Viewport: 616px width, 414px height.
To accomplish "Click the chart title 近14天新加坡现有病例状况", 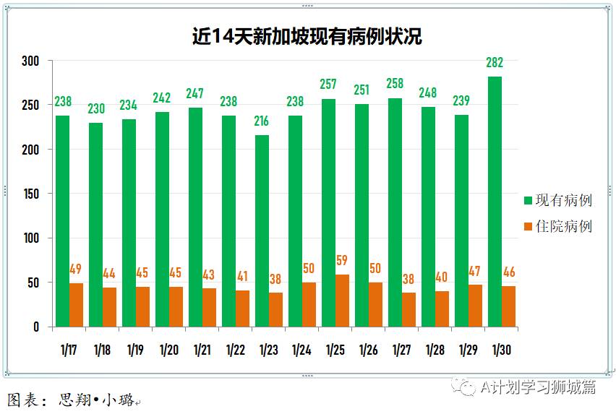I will click(x=307, y=37).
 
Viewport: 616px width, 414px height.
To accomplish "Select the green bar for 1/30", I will click(x=495, y=202).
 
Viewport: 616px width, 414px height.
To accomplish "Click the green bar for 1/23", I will click(x=262, y=231).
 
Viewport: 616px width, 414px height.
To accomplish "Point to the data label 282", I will click(x=495, y=63).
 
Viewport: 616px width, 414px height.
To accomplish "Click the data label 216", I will click(x=262, y=121).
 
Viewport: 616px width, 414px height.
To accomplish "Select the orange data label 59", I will click(x=343, y=260).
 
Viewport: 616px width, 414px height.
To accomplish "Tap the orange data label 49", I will click(x=76, y=269).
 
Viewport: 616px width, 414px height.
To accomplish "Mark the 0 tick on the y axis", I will click(x=35, y=327).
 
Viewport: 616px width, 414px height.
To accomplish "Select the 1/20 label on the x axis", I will click(x=168, y=350).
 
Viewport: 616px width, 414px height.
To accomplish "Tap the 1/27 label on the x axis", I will click(x=401, y=350).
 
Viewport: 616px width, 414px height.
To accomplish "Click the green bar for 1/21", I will click(x=195, y=217).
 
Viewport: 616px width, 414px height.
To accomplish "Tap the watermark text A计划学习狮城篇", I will click(x=538, y=387).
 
